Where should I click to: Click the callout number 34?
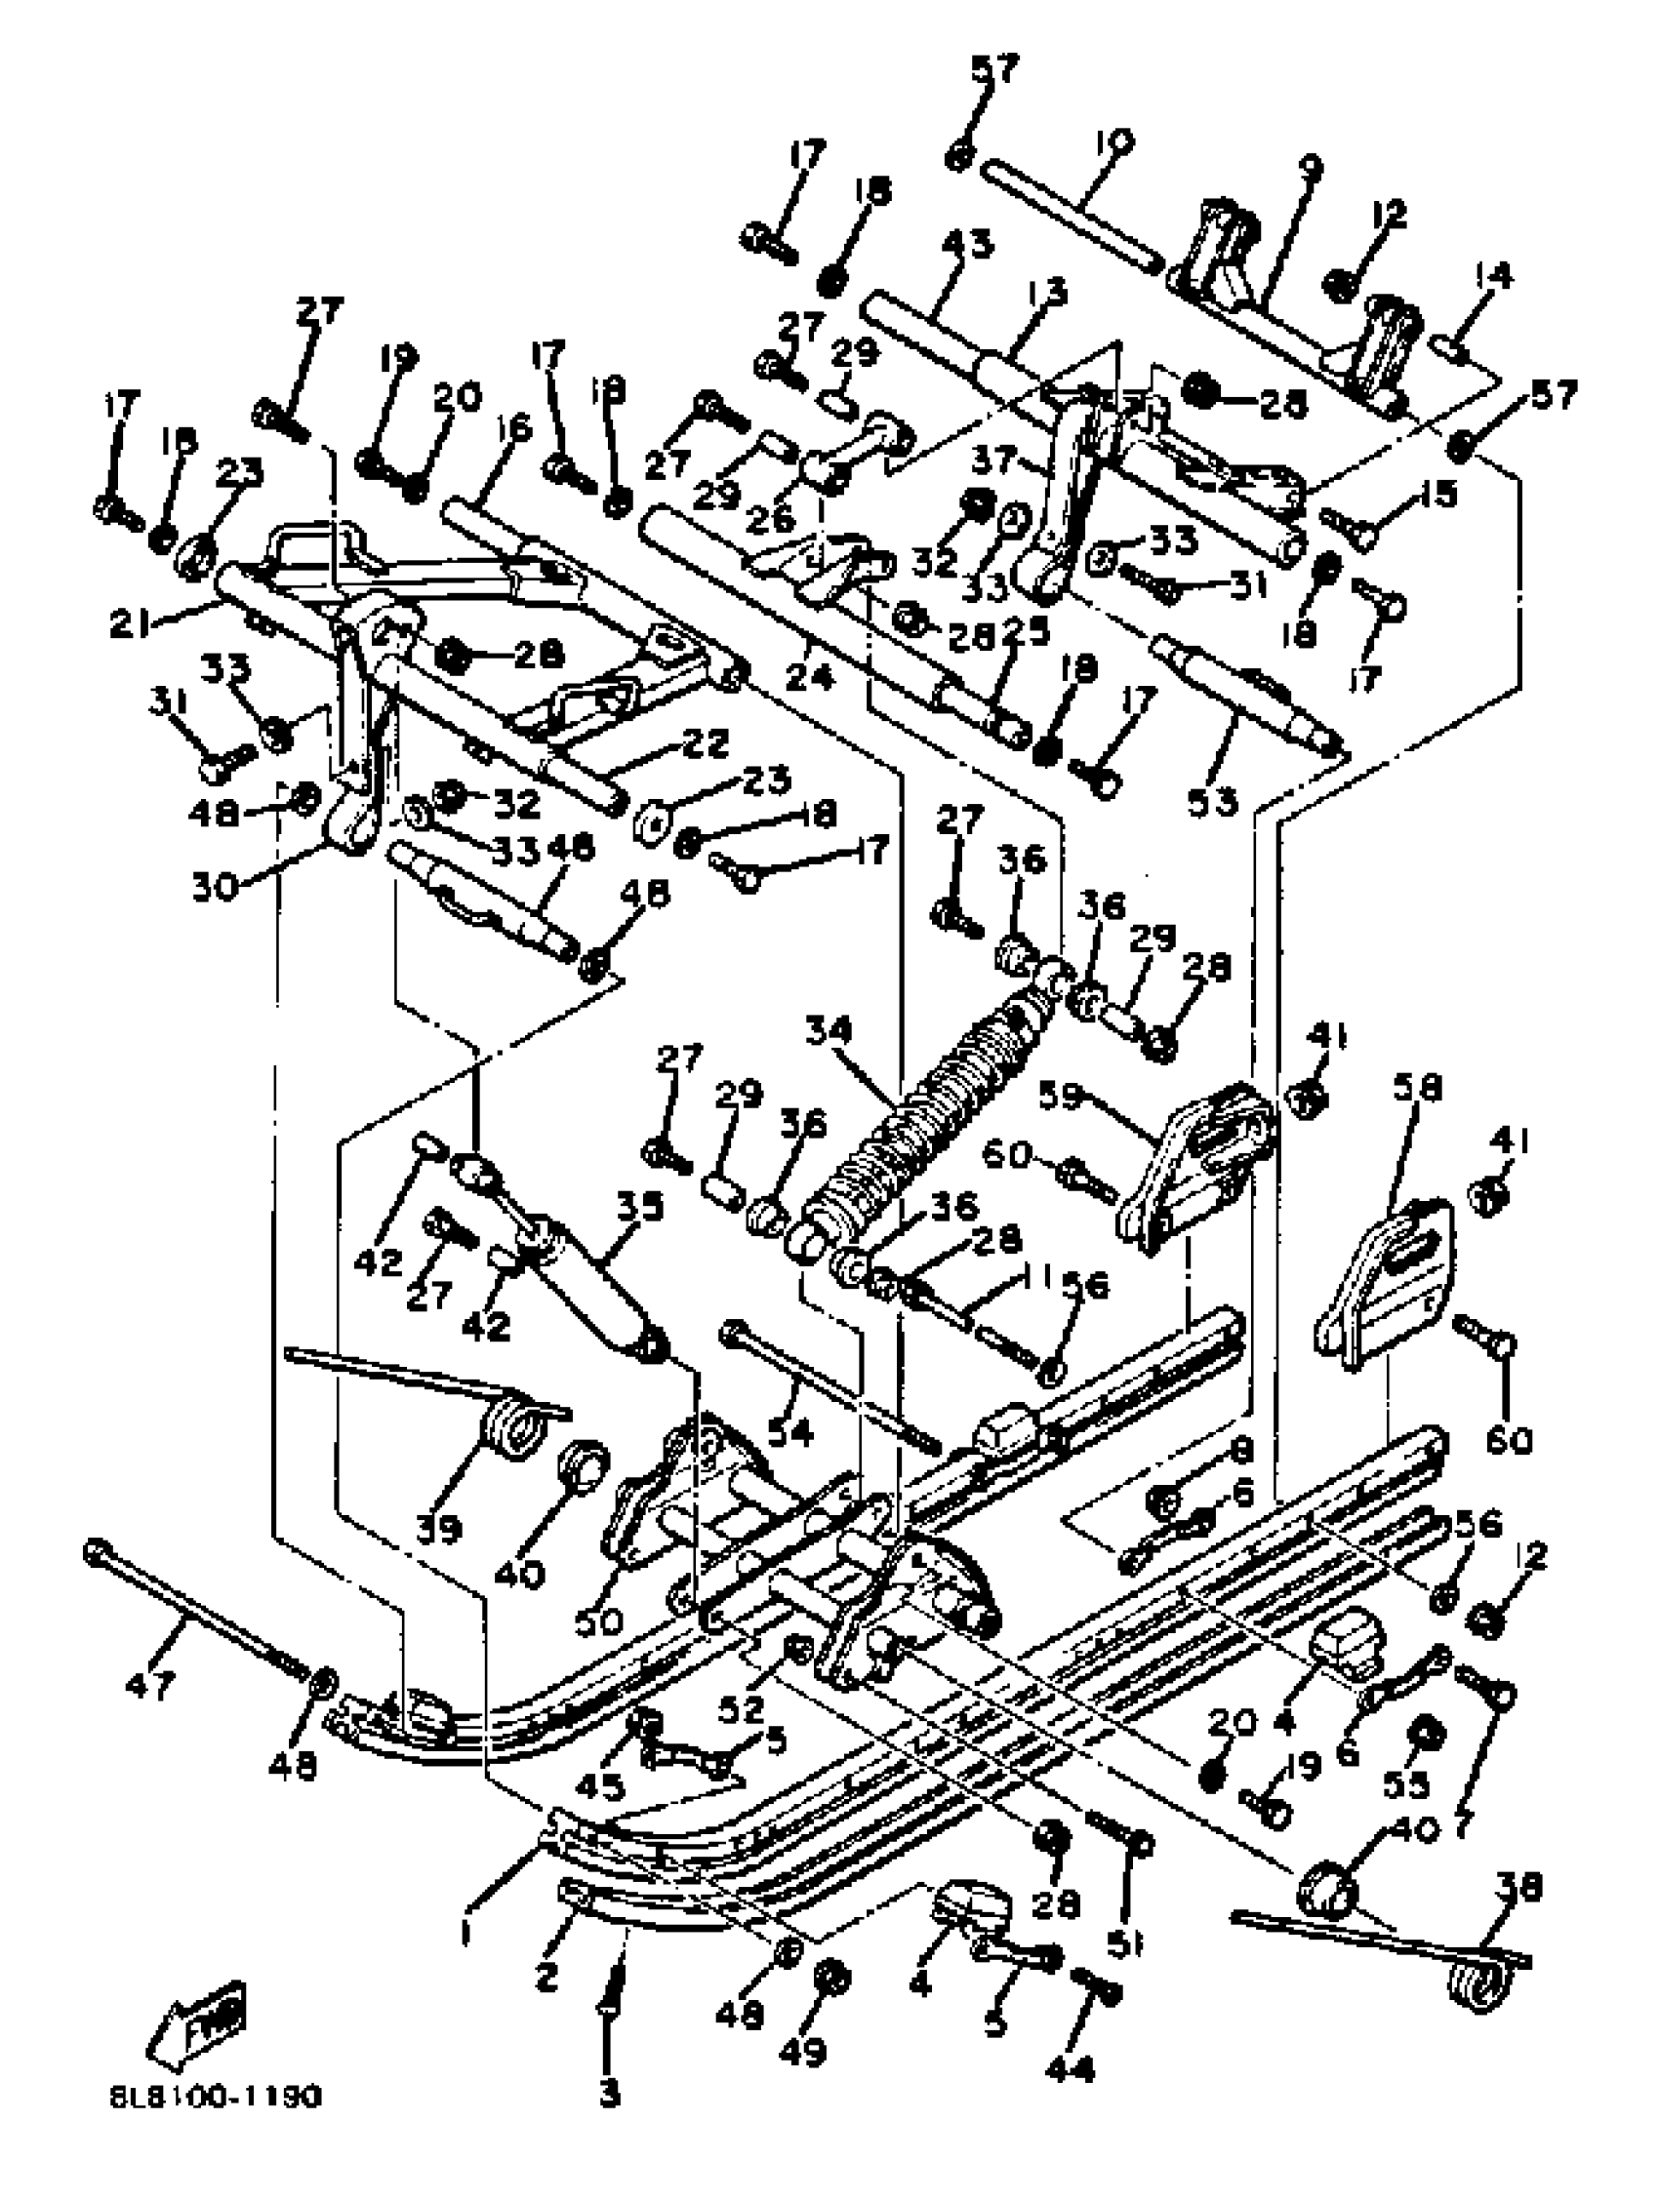[x=828, y=1032]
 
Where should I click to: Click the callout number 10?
[x=1116, y=141]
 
